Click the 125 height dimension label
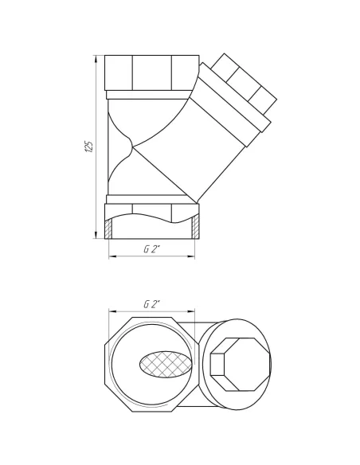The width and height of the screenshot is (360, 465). pos(89,147)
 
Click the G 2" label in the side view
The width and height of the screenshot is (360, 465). pos(151,249)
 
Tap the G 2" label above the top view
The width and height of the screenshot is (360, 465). pos(151,304)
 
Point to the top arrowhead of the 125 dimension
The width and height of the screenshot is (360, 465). pos(96,59)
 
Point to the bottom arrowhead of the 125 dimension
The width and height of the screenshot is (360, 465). pos(96,234)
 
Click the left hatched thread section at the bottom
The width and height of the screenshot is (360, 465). pos(109,230)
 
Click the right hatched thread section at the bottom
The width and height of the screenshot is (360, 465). pos(195,228)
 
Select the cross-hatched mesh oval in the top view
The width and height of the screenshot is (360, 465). pos(166,365)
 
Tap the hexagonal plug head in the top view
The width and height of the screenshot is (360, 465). pos(241,365)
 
